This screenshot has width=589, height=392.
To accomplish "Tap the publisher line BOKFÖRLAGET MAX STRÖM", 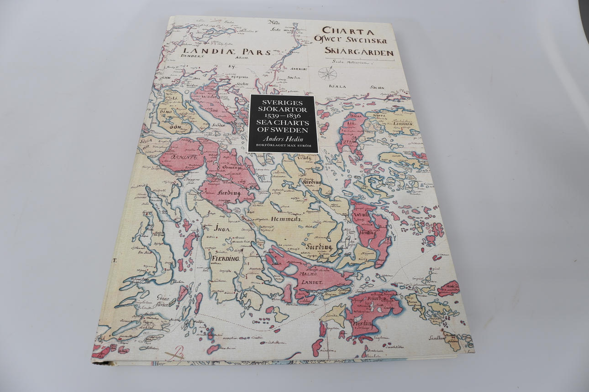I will point(282,146).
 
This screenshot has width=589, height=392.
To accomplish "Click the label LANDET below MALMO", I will point(311,283).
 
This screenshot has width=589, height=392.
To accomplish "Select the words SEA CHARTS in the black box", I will point(282,123).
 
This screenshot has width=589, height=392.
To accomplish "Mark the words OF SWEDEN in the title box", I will point(282,130).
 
